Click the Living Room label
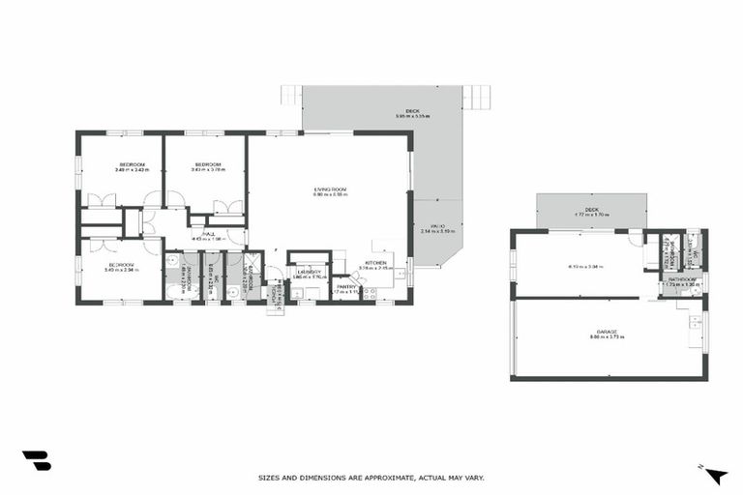pos(330,189)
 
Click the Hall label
pos(209,233)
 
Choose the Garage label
pos(607,332)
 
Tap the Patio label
pos(438,226)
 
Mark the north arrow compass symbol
pos(716,474)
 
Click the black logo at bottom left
pos(36,461)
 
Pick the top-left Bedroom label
pos(133,165)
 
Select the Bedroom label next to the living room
pos(209,165)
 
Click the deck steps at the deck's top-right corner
pos(476,96)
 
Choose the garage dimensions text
pos(607,337)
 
